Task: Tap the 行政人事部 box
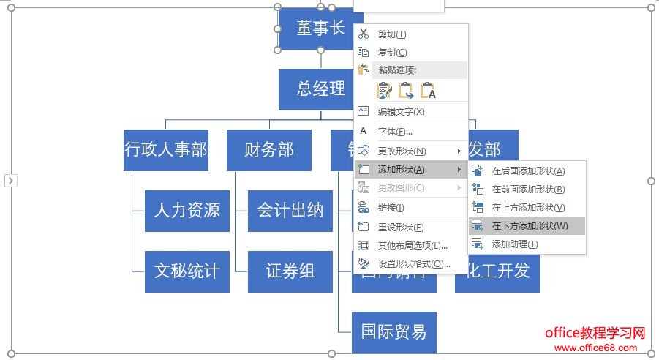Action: (166, 150)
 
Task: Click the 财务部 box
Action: (268, 150)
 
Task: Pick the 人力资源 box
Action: (187, 211)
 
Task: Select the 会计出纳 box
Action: (290, 211)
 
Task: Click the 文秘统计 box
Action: (187, 271)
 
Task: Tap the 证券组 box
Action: (290, 271)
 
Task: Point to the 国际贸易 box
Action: (393, 331)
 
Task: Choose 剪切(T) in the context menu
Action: (392, 34)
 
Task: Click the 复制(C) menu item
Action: (392, 52)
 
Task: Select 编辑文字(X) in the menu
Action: (401, 112)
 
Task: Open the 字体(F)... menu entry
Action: (395, 132)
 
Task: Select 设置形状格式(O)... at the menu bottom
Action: (414, 263)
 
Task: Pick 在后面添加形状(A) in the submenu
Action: (528, 171)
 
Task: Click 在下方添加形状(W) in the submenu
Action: (530, 225)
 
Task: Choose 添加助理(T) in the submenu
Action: (515, 244)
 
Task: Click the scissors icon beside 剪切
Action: (364, 34)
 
